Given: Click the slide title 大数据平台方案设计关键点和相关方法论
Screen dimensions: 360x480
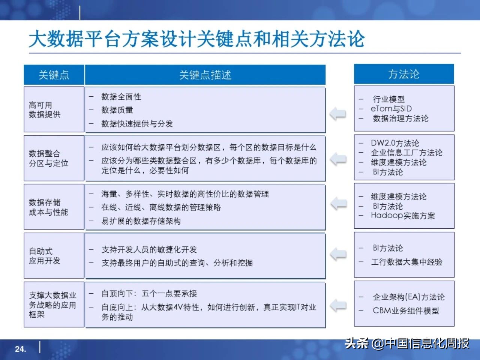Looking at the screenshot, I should tap(196, 39).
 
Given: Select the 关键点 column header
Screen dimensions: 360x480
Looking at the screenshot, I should tap(54, 75).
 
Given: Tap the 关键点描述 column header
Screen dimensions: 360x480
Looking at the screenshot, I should tap(205, 75).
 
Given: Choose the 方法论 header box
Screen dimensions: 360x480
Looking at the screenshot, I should tap(404, 74).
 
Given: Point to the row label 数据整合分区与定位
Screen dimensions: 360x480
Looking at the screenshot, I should tap(49, 158).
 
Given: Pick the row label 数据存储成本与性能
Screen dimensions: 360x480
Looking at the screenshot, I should tap(49, 207).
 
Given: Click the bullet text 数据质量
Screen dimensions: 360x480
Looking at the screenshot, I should tap(117, 110).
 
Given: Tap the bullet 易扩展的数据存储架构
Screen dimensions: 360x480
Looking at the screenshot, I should tap(141, 221).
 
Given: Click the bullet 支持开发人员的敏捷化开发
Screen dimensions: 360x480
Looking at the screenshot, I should tap(149, 250).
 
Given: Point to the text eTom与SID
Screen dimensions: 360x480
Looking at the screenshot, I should tap(391, 109).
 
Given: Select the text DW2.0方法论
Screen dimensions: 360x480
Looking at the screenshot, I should tap(395, 143).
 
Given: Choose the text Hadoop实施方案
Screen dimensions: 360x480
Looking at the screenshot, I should tap(403, 216).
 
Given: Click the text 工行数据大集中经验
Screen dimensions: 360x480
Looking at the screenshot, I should tap(406, 262).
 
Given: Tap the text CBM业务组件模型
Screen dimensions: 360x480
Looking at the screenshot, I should tap(406, 310).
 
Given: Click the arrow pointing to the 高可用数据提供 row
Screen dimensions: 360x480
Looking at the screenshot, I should tap(338, 113).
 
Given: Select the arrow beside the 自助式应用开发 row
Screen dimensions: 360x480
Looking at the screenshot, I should tap(338, 254).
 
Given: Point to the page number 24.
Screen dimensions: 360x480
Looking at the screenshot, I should tap(21, 349).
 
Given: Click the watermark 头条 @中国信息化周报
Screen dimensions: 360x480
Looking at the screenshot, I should tap(407, 343).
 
